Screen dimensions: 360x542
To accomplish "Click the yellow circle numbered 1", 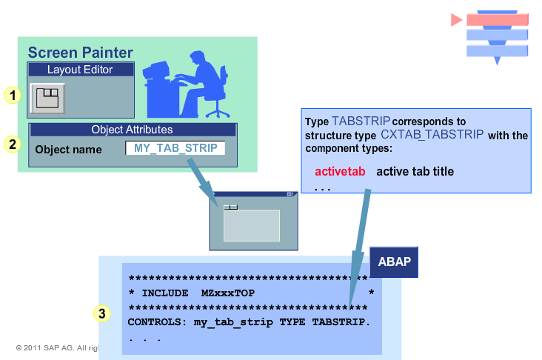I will (11, 95).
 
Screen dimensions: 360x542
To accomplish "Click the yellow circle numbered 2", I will (11, 144).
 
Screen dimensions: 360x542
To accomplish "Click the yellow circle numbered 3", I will (104, 313).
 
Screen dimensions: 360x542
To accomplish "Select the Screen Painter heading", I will (80, 53).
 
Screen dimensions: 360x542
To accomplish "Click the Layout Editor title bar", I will (80, 70).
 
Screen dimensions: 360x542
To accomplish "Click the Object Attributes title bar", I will (132, 130).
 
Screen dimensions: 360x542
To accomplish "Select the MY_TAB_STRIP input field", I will (175, 148).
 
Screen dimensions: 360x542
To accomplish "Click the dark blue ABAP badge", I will (394, 262).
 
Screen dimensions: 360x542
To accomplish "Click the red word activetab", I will (340, 172).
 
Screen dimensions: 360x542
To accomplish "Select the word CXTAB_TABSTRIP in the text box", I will (432, 135).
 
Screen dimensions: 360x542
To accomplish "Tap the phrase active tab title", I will (415, 172).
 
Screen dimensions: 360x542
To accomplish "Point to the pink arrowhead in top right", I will (456, 20).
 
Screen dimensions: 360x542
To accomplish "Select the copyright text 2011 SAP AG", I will (56, 347).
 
